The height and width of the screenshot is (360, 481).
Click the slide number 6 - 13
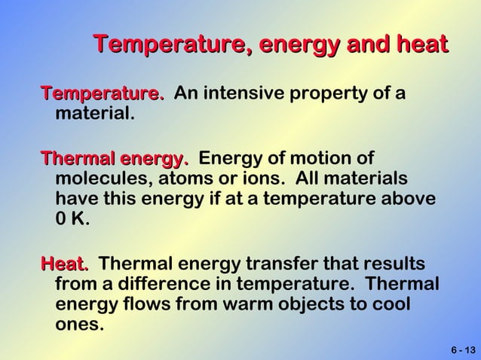[x=463, y=350]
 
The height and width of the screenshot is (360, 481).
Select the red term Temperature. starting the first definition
[x=103, y=94]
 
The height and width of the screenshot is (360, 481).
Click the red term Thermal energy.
[x=115, y=159]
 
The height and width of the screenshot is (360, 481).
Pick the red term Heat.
[x=65, y=264]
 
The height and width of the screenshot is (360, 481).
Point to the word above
[x=409, y=200]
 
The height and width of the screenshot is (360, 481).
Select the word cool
[x=392, y=307]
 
